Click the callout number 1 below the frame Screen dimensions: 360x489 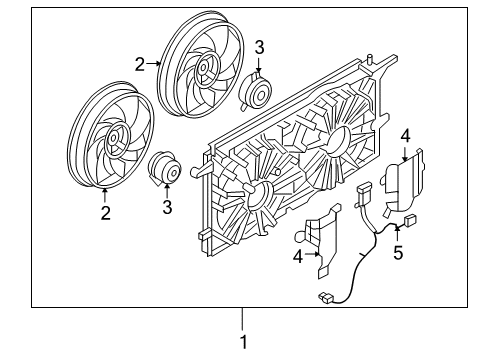point(242,341)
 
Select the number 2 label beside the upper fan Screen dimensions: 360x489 point(141,63)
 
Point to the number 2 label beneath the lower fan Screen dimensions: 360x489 point(104,212)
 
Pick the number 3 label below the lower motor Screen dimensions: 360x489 point(168,207)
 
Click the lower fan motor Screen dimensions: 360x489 point(166,172)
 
